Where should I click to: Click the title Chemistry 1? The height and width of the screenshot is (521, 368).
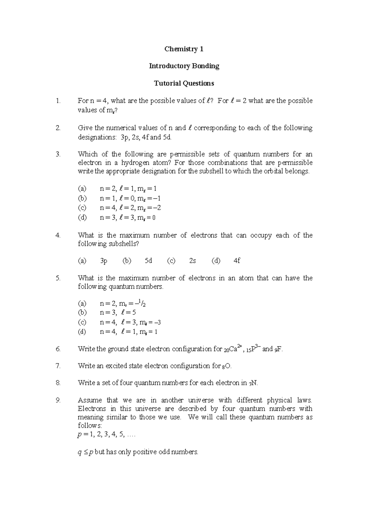[184, 49]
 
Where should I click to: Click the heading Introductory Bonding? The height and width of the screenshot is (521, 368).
[184, 66]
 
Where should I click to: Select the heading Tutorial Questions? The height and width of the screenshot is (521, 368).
[184, 83]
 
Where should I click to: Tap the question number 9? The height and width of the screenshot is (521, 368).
[58, 400]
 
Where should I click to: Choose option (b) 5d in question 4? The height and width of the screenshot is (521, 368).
[148, 261]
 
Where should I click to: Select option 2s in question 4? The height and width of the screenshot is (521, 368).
[192, 261]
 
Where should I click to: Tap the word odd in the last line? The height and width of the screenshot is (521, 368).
[164, 452]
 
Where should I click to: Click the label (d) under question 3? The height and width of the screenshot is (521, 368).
[82, 218]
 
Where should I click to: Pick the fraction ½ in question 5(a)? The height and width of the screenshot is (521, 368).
[142, 303]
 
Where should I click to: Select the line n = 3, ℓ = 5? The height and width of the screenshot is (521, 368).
[118, 313]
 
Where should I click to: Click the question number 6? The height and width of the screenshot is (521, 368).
[58, 349]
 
